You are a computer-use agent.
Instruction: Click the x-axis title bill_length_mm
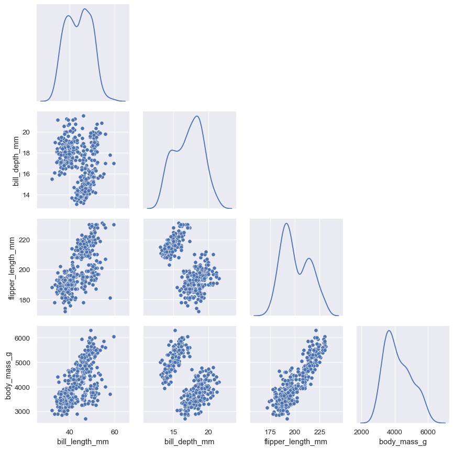[x=84, y=442]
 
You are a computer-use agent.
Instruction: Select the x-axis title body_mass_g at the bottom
[x=403, y=442]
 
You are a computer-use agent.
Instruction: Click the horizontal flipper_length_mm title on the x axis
[x=297, y=442]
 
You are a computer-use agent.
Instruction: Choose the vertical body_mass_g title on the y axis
[x=9, y=376]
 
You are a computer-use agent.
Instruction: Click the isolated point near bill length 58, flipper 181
[x=110, y=298]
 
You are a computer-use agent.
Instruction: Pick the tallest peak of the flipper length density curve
[x=286, y=223]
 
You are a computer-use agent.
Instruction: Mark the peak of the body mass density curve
[x=389, y=330]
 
